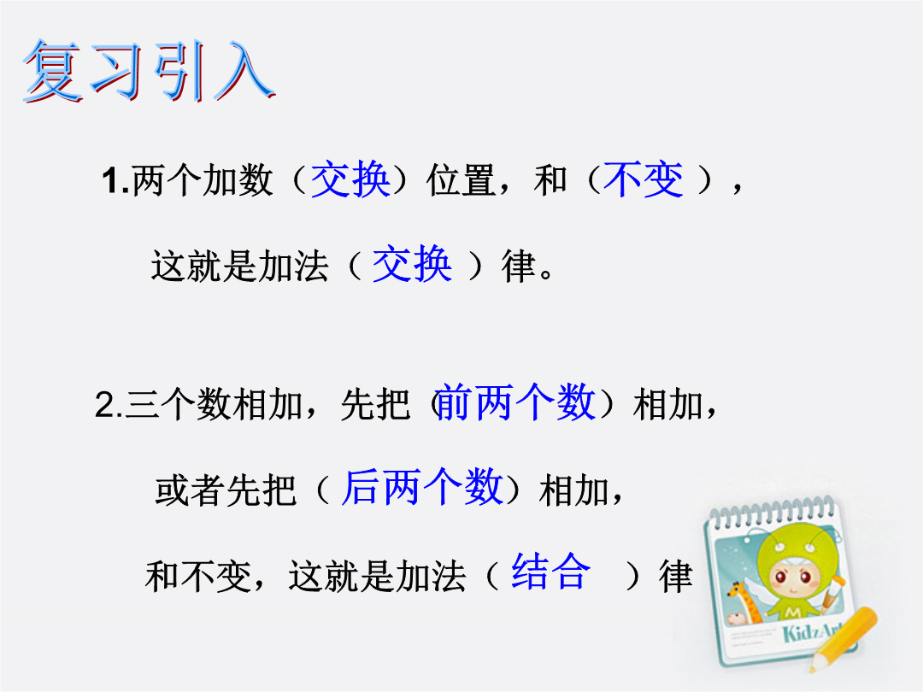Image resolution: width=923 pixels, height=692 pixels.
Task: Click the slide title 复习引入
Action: tap(149, 71)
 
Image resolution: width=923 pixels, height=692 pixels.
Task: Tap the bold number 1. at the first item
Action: tap(115, 180)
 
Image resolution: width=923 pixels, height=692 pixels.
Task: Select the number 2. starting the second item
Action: tap(109, 405)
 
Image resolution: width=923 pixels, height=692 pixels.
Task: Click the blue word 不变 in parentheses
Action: tap(644, 179)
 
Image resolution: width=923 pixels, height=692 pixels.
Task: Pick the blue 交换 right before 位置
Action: tap(350, 179)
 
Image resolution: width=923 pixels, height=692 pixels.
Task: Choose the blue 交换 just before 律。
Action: tap(412, 264)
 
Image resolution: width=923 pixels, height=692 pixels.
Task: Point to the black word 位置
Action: tap(461, 180)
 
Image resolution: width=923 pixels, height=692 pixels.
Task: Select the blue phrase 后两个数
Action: tap(422, 487)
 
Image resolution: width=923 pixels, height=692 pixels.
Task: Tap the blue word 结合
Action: tap(551, 571)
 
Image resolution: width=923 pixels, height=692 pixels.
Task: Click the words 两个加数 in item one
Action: tap(203, 180)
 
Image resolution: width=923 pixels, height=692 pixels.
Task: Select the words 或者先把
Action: tap(226, 490)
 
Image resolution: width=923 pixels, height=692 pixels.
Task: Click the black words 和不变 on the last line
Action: tap(198, 576)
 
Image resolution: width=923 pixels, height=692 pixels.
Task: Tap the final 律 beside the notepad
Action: tap(675, 576)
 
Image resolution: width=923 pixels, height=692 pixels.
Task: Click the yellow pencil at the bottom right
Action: tap(843, 639)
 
